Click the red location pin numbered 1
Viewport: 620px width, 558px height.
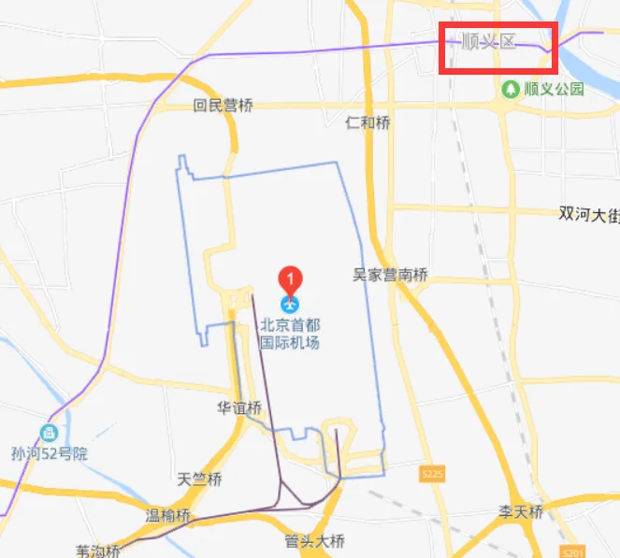[292, 279]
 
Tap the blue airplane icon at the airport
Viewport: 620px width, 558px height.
[291, 304]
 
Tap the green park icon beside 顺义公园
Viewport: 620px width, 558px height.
[511, 90]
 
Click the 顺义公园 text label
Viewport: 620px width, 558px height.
[554, 90]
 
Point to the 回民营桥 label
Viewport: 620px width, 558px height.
[223, 107]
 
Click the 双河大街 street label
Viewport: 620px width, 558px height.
[589, 213]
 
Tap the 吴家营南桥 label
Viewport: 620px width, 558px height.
[390, 275]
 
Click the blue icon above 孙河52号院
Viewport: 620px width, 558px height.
[49, 433]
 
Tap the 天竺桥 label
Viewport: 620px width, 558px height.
[199, 480]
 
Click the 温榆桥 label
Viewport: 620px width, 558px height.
[168, 515]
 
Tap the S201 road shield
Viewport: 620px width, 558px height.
[574, 551]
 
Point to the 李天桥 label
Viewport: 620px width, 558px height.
[520, 512]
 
